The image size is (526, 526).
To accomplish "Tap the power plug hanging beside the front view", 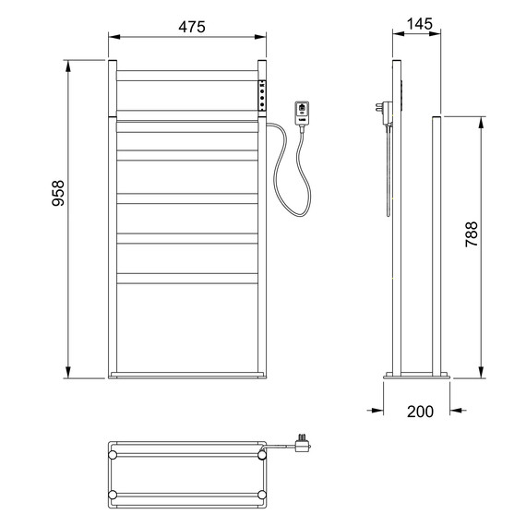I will pyautogui.click(x=303, y=114).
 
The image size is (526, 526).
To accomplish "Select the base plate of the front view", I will pyautogui.click(x=187, y=375).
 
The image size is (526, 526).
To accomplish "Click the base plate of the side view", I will pyautogui.click(x=417, y=375).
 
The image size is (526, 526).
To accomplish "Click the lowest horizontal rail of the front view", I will pyautogui.click(x=187, y=277).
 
